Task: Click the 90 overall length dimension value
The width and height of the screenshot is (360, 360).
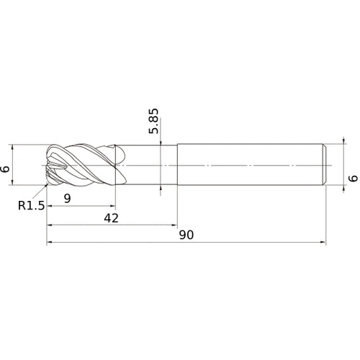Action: coord(186,235)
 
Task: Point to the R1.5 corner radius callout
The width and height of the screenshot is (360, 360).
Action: coord(31,206)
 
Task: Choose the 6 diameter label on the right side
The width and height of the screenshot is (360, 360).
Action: coord(352,178)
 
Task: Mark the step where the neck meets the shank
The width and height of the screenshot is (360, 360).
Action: coord(176,166)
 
